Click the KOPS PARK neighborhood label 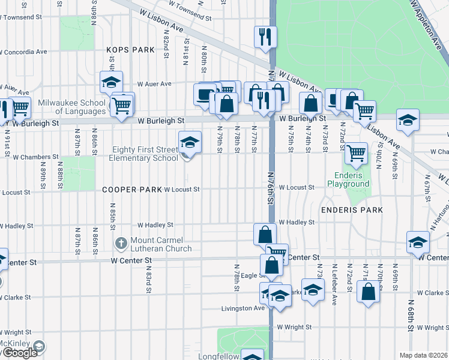pyautogui.click(x=130, y=50)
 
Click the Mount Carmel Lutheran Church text pyautogui.click(x=161, y=244)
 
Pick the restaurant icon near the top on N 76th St pyautogui.click(x=264, y=36)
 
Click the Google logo pyautogui.click(x=19, y=353)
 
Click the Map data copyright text pyautogui.click(x=424, y=355)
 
